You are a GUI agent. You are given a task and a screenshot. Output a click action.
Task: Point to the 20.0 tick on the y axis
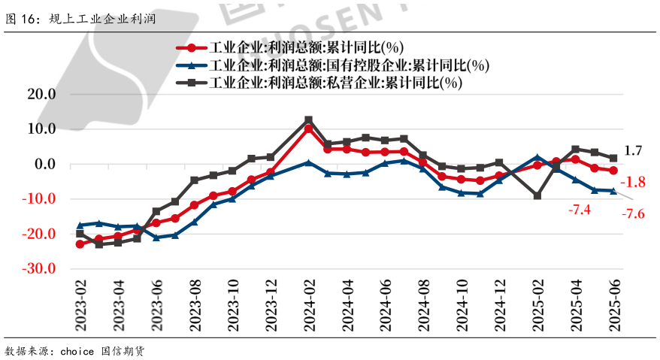click(x=41, y=94)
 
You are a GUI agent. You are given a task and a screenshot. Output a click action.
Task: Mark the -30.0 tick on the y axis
click(x=40, y=269)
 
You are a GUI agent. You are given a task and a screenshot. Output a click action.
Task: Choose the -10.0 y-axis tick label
click(x=40, y=199)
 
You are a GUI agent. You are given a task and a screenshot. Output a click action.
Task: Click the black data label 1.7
click(x=633, y=151)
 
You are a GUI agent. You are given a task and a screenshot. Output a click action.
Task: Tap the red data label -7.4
click(x=580, y=210)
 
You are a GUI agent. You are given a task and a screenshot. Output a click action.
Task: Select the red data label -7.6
click(x=633, y=214)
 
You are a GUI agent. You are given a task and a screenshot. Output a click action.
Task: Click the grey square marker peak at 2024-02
click(x=308, y=120)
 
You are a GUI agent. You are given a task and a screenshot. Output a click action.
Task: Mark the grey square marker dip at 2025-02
click(x=537, y=195)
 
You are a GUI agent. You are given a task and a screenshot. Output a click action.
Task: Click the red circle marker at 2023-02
click(x=80, y=244)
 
